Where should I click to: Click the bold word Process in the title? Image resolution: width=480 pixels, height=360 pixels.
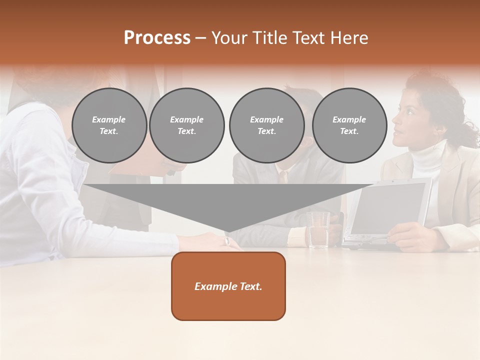(157, 38)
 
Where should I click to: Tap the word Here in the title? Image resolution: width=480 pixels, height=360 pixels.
(349, 38)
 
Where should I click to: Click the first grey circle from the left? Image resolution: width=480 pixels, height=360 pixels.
(109, 125)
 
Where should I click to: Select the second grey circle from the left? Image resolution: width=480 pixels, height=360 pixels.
(187, 125)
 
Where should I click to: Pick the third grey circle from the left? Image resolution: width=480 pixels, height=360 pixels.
(266, 125)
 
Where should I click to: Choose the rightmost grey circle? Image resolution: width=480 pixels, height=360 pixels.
(349, 125)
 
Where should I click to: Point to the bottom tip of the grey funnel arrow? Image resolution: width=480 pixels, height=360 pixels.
(228, 231)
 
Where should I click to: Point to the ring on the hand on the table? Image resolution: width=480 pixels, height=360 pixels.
(227, 241)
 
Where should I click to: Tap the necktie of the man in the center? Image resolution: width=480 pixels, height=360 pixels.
(283, 176)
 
